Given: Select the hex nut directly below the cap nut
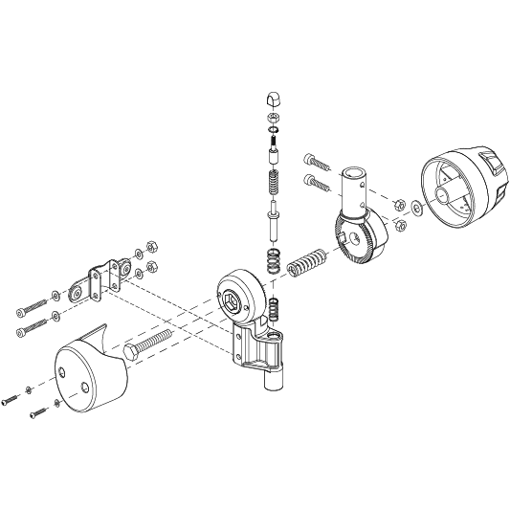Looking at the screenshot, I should pyautogui.click(x=272, y=119).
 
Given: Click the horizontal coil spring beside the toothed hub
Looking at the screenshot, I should pyautogui.click(x=306, y=261).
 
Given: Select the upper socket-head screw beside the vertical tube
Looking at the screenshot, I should pyautogui.click(x=317, y=159).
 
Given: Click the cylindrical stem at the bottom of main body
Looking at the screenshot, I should pyautogui.click(x=272, y=379).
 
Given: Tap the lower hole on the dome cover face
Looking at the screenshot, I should pyautogui.click(x=85, y=388).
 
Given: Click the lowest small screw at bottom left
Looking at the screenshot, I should pyautogui.click(x=37, y=414).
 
